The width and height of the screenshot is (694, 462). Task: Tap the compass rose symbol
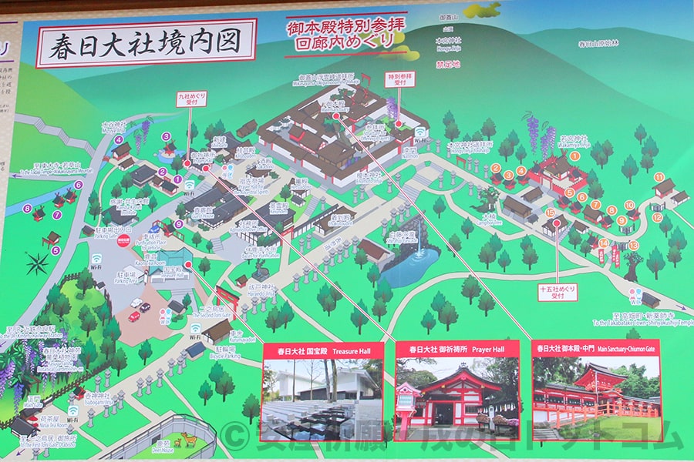pos(36,263)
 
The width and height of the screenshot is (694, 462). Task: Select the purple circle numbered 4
pos(119,139)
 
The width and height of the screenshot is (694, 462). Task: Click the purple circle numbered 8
pos(27,208)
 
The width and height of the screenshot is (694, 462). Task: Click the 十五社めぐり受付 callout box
pos(557,294)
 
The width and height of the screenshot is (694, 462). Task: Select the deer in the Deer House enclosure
pos(187,440)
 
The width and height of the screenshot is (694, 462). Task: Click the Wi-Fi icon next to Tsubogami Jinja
pos(72,410)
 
